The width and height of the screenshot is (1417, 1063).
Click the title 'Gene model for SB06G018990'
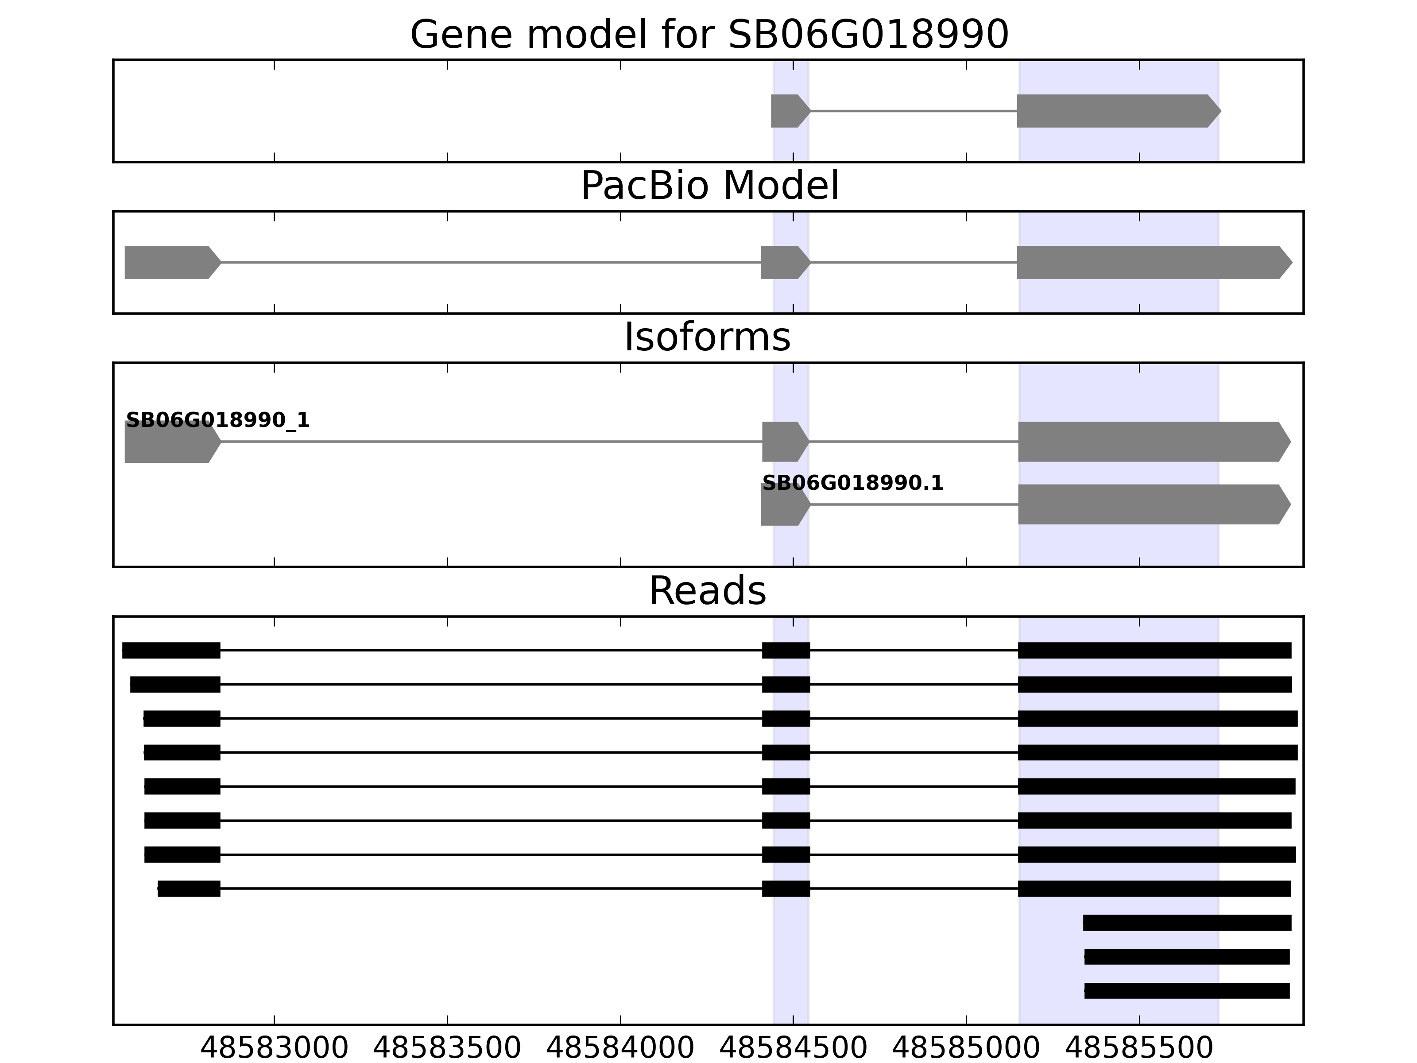click(x=709, y=35)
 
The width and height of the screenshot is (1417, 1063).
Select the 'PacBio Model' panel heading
click(x=709, y=186)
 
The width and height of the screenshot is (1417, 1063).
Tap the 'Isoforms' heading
click(x=707, y=337)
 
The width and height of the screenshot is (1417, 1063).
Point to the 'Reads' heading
click(x=707, y=591)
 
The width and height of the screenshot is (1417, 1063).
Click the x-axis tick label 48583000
click(x=274, y=1049)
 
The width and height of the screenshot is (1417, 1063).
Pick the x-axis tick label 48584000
click(x=620, y=1049)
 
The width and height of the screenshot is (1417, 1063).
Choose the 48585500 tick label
click(x=1139, y=1049)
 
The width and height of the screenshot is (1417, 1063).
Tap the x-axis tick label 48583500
click(x=447, y=1049)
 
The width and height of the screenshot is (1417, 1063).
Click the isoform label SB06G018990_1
click(x=218, y=420)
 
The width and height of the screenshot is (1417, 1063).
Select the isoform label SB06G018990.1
click(x=852, y=483)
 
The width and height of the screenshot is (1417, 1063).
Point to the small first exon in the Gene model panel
click(x=788, y=111)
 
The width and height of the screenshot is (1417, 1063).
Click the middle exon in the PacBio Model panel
click(x=783, y=262)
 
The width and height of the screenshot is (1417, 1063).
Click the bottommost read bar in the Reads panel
click(x=1186, y=991)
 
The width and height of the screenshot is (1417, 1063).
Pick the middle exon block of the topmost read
click(x=786, y=650)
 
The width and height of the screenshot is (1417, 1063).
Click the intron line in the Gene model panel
click(x=914, y=111)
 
